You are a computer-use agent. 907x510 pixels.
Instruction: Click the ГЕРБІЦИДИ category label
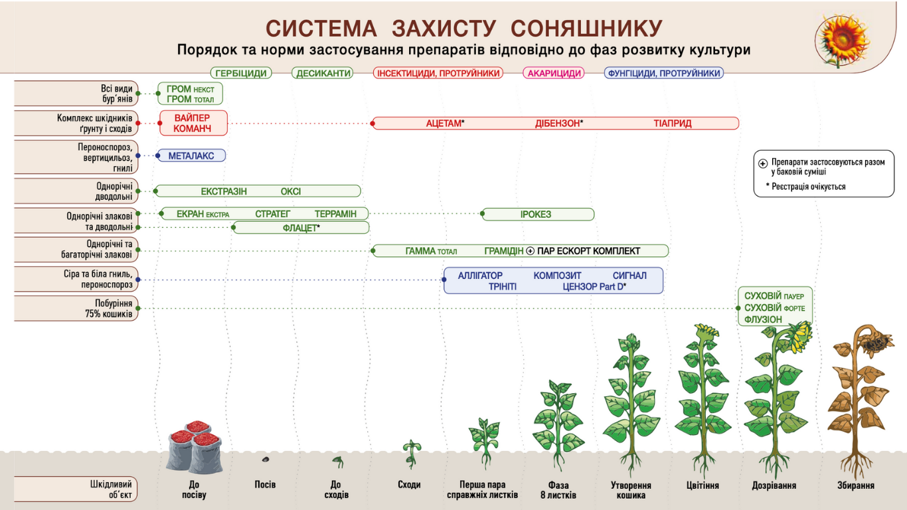[241, 73]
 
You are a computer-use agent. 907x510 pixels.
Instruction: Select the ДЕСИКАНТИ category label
[323, 73]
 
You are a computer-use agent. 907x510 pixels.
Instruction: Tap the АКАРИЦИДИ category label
[554, 73]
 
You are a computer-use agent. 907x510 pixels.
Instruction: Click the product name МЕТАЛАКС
[191, 155]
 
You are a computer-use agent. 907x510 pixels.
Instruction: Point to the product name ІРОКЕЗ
[536, 214]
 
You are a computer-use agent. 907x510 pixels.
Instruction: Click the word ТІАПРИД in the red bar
[673, 124]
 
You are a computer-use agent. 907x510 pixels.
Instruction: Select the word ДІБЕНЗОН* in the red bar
[559, 124]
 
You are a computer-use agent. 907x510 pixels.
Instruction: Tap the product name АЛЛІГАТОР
[480, 275]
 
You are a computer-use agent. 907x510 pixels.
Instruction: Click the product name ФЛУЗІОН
[763, 319]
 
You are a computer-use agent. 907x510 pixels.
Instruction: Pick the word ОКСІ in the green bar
[291, 191]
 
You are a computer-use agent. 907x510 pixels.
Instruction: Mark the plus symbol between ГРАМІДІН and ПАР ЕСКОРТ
[530, 251]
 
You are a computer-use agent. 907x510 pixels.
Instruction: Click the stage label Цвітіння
[702, 485]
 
